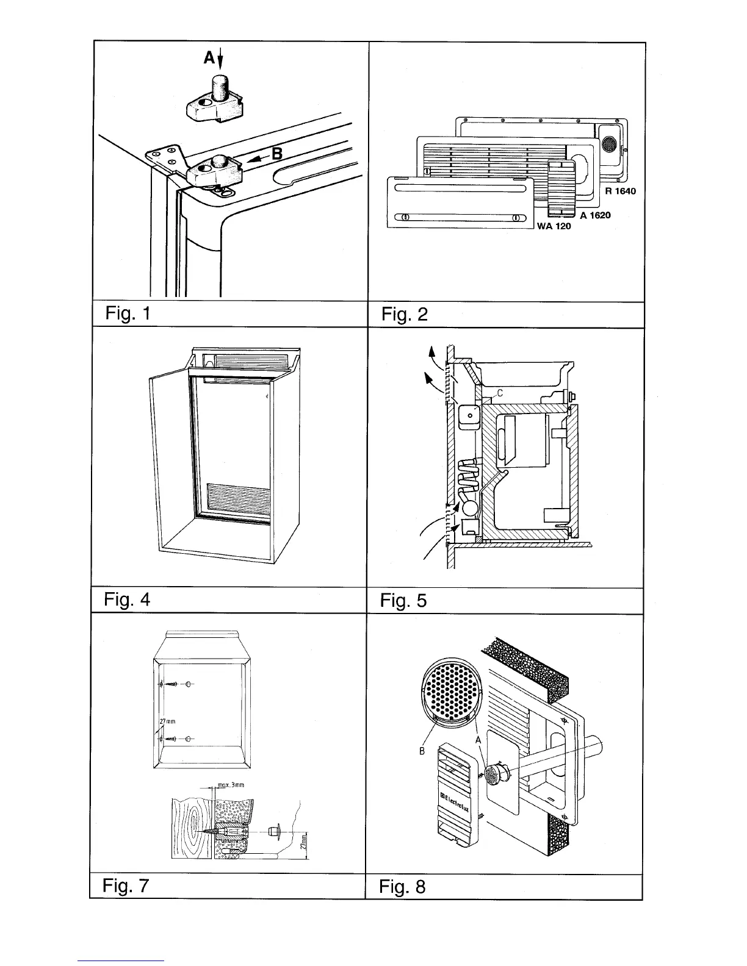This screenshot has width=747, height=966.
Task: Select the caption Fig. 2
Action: (x=404, y=315)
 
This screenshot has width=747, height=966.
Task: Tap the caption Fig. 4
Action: (x=127, y=599)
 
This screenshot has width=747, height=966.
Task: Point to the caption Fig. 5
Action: (x=404, y=601)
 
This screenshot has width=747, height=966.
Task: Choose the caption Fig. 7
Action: (x=126, y=885)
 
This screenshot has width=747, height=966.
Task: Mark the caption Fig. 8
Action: (x=403, y=886)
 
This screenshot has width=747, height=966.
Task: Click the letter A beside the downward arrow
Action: (x=209, y=58)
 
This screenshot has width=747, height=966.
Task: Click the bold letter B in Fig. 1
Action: (x=276, y=154)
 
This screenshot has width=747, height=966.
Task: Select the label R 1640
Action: (x=620, y=191)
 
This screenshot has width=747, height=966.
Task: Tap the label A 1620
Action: (x=595, y=215)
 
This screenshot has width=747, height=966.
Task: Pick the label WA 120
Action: (x=554, y=227)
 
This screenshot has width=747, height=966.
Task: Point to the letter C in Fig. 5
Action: (x=499, y=393)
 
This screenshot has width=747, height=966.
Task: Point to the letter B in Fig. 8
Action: (x=422, y=751)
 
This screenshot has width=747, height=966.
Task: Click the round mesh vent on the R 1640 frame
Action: (x=608, y=144)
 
